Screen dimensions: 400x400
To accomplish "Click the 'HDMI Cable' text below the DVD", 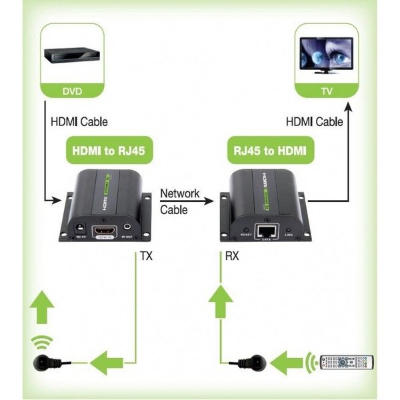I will coord(79,122).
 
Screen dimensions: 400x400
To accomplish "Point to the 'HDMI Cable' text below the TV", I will coord(314,122).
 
